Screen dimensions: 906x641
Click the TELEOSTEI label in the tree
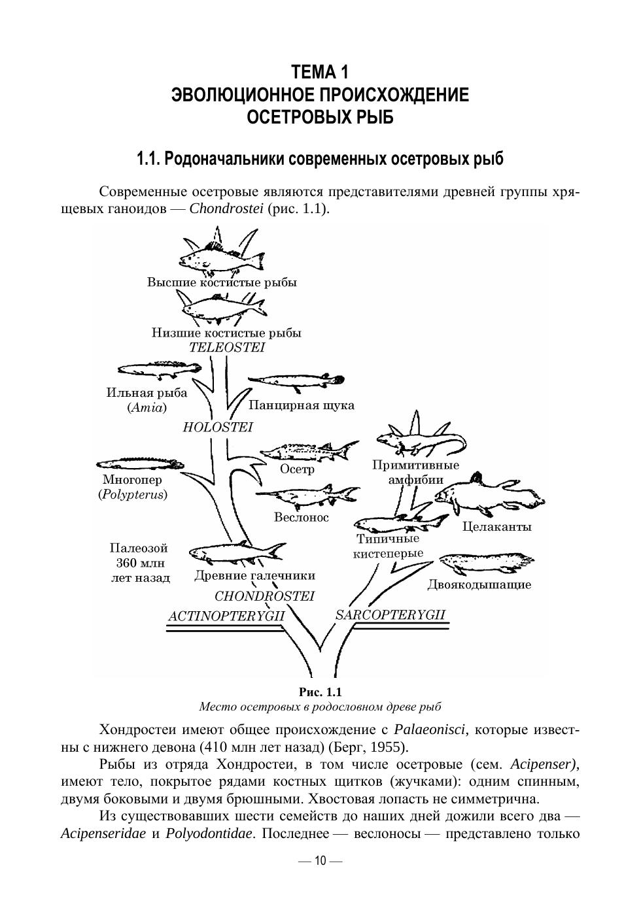point(227,347)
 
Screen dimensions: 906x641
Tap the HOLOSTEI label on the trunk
point(217,427)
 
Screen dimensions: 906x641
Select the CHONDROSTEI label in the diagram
point(264,596)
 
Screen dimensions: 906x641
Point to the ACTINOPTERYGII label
point(226,616)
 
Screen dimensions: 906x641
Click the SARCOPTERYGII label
point(390,614)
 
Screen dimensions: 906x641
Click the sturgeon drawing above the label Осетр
point(308,452)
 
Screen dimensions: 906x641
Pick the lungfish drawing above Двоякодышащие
point(485,562)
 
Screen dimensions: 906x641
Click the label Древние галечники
point(254,576)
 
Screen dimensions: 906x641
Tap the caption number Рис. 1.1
point(320,692)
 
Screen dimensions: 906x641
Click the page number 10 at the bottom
point(320,861)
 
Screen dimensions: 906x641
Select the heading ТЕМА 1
point(320,71)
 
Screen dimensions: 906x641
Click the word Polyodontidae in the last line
point(209,834)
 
